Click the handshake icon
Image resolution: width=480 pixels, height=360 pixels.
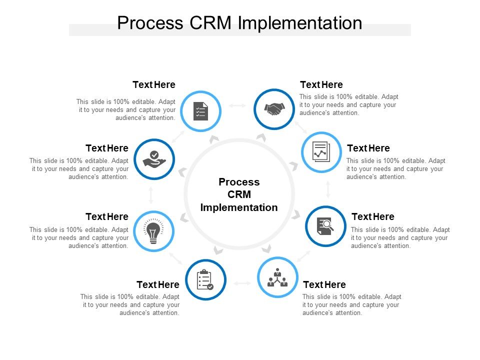(x=274, y=109)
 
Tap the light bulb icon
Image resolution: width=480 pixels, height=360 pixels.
(x=153, y=231)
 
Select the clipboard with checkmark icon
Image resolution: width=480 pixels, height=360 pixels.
(x=205, y=280)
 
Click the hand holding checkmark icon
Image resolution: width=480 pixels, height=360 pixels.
(x=154, y=159)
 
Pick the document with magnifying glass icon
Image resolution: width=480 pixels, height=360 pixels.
(x=325, y=226)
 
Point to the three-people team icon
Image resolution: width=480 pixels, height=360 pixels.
(x=277, y=277)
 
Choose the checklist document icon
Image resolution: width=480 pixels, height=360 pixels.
(x=200, y=110)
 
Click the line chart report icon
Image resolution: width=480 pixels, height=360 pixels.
(x=321, y=151)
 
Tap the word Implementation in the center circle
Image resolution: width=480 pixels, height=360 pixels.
(x=239, y=207)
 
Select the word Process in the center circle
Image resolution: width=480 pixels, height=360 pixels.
(x=239, y=182)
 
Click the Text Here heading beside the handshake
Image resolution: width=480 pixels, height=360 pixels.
(x=321, y=84)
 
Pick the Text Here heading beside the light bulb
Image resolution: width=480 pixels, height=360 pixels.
(x=107, y=216)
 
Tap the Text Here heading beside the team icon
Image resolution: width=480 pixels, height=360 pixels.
(x=324, y=284)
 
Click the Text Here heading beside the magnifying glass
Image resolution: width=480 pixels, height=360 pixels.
(x=373, y=216)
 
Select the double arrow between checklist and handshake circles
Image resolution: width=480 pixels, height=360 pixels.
(x=237, y=105)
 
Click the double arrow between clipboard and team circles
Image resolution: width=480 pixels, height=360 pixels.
(x=242, y=283)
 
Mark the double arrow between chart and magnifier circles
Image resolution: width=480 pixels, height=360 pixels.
(x=328, y=189)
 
